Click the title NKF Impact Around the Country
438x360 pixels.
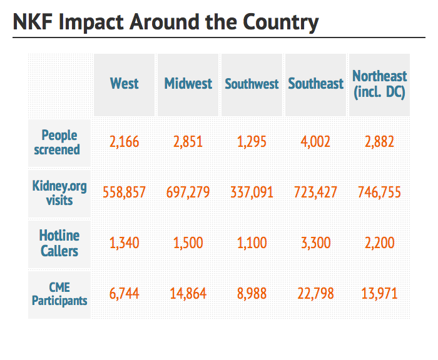(166, 22)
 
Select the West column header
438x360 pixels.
(124, 84)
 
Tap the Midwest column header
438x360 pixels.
(188, 84)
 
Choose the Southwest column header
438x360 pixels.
(252, 84)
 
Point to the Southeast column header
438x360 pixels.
(315, 84)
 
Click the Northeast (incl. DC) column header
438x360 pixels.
(379, 84)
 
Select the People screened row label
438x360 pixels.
(59, 142)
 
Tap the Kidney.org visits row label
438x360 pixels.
(59, 192)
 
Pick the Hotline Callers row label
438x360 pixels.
(59, 243)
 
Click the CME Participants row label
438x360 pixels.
(59, 294)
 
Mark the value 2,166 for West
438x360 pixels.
(124, 142)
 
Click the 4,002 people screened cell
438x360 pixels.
(315, 142)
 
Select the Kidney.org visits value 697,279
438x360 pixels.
(188, 192)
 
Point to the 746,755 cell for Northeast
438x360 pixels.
(379, 192)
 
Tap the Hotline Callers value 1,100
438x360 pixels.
(252, 243)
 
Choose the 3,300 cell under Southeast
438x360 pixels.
(315, 243)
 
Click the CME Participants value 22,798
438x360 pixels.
(315, 294)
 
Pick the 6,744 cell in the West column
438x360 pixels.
(124, 294)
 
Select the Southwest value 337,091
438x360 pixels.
(252, 192)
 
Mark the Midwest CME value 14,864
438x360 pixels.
(188, 294)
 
